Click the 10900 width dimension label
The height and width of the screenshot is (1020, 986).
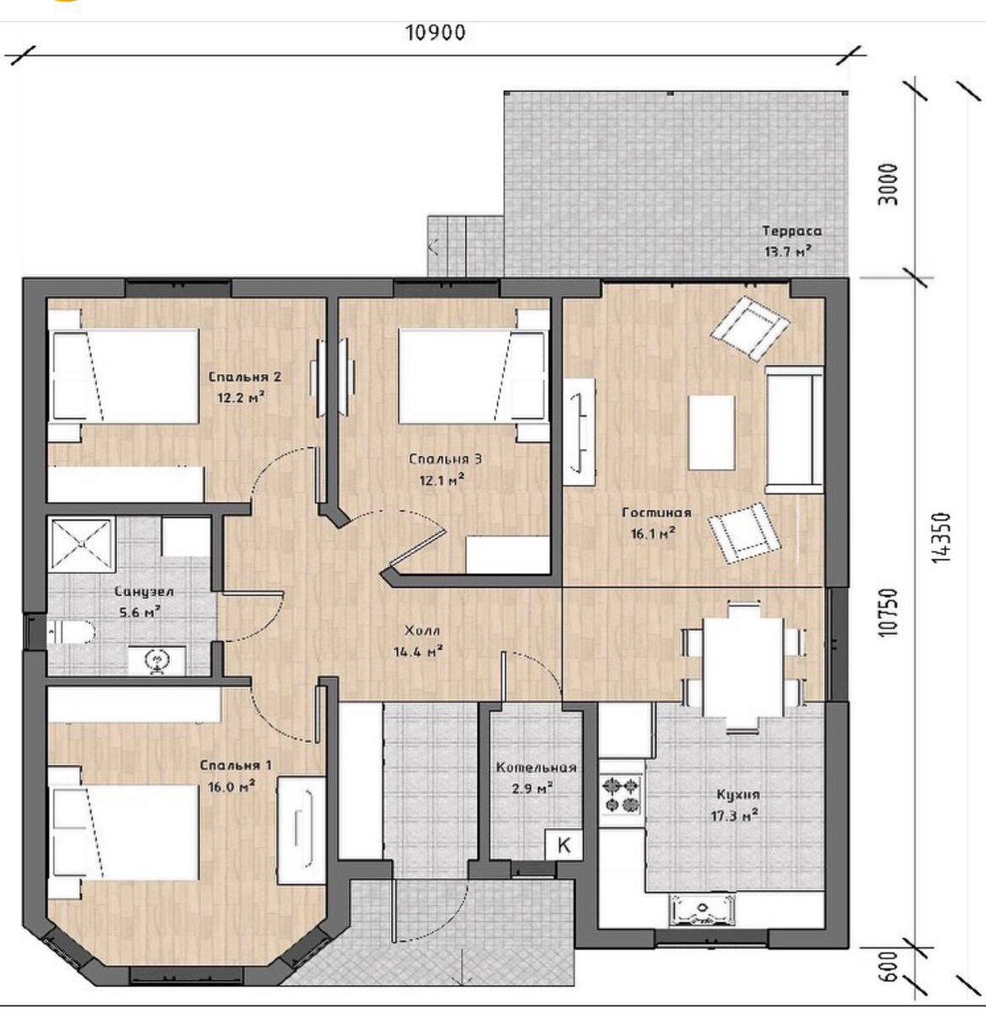pos(435,33)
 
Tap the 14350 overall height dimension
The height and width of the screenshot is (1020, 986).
pos(942,536)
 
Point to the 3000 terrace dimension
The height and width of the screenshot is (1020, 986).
pos(888,184)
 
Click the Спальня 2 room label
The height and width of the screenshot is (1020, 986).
pos(244,377)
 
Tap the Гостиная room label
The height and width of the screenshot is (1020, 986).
pos(656,512)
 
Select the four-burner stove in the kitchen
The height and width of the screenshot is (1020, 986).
pos(621,795)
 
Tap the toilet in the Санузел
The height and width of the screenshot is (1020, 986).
pos(71,632)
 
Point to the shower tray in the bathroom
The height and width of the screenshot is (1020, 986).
pos(82,545)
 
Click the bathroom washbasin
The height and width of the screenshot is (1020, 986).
pos(157,659)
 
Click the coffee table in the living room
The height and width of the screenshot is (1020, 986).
pos(711,433)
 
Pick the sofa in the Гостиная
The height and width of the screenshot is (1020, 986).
pos(794,430)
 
